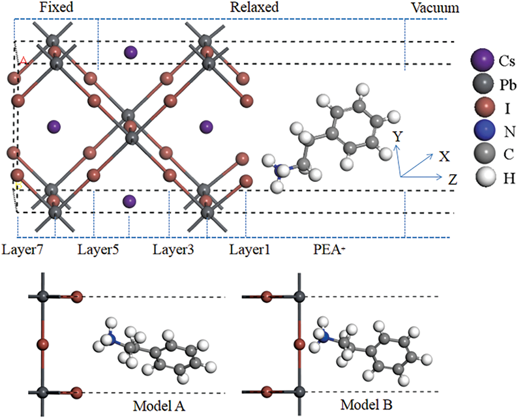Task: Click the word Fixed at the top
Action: click(56, 7)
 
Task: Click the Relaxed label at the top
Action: click(254, 7)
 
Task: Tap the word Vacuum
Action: click(435, 8)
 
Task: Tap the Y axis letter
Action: click(398, 137)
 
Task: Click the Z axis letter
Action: click(452, 180)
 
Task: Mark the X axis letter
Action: click(444, 156)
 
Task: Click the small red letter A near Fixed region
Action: click(23, 61)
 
